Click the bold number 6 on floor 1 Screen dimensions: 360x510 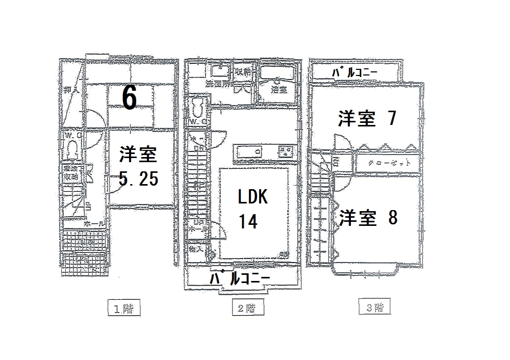click(x=129, y=97)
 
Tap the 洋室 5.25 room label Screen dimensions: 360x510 click(x=138, y=166)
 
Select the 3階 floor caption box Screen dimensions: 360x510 click(x=375, y=308)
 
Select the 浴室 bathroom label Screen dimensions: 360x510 click(x=278, y=90)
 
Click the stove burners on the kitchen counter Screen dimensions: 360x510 click(x=286, y=151)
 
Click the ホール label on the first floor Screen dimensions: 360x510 click(x=95, y=223)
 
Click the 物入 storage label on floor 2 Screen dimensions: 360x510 click(x=195, y=250)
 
